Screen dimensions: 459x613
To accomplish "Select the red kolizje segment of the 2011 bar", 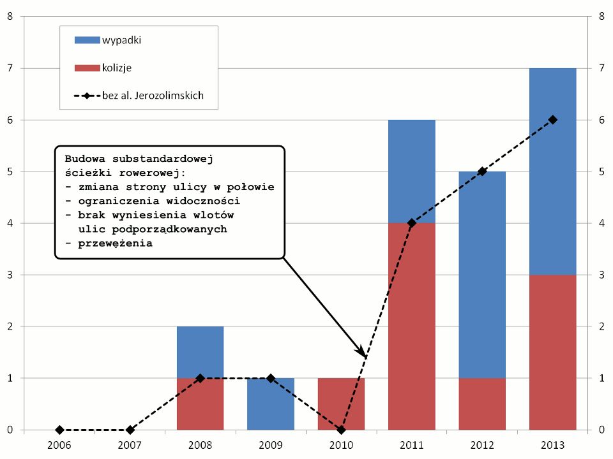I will coord(411,326).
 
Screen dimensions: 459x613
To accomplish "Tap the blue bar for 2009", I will coord(271,404).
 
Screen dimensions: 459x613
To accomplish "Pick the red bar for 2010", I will coord(341,404).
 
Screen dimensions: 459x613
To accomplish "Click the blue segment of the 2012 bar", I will coord(482,274).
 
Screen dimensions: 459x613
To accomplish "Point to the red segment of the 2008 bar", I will coord(201,404).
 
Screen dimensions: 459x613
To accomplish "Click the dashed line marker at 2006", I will coord(60,430).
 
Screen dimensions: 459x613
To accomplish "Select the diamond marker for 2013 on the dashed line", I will coord(553,120).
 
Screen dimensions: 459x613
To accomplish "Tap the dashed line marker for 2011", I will coord(412,223).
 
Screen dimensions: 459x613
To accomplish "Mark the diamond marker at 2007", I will coord(130,430).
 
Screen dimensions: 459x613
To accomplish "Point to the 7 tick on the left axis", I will coord(10,68).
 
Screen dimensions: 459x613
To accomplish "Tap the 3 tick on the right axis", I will coord(602,275).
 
